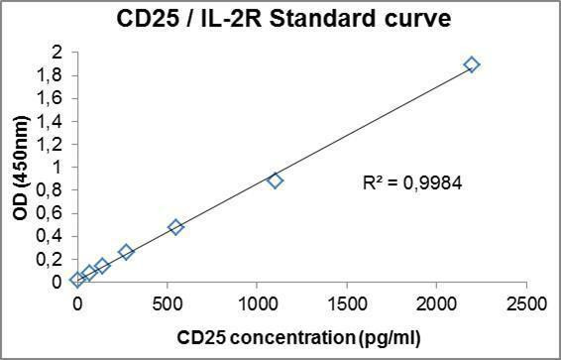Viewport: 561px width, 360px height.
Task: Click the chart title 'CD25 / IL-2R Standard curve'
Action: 280,18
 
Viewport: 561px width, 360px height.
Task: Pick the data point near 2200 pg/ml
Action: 471,64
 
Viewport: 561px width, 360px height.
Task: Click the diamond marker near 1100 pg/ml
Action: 276,180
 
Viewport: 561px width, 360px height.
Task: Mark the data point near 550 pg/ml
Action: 176,227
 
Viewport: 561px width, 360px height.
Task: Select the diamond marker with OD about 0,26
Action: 126,252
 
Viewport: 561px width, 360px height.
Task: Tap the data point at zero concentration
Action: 77,280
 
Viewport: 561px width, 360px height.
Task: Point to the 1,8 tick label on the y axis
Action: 53,75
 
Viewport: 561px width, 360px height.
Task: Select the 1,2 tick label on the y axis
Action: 53,145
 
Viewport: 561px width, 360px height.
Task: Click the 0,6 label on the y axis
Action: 53,213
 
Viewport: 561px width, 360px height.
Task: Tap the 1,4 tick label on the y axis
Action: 53,122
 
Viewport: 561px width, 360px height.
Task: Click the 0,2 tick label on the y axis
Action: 53,259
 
